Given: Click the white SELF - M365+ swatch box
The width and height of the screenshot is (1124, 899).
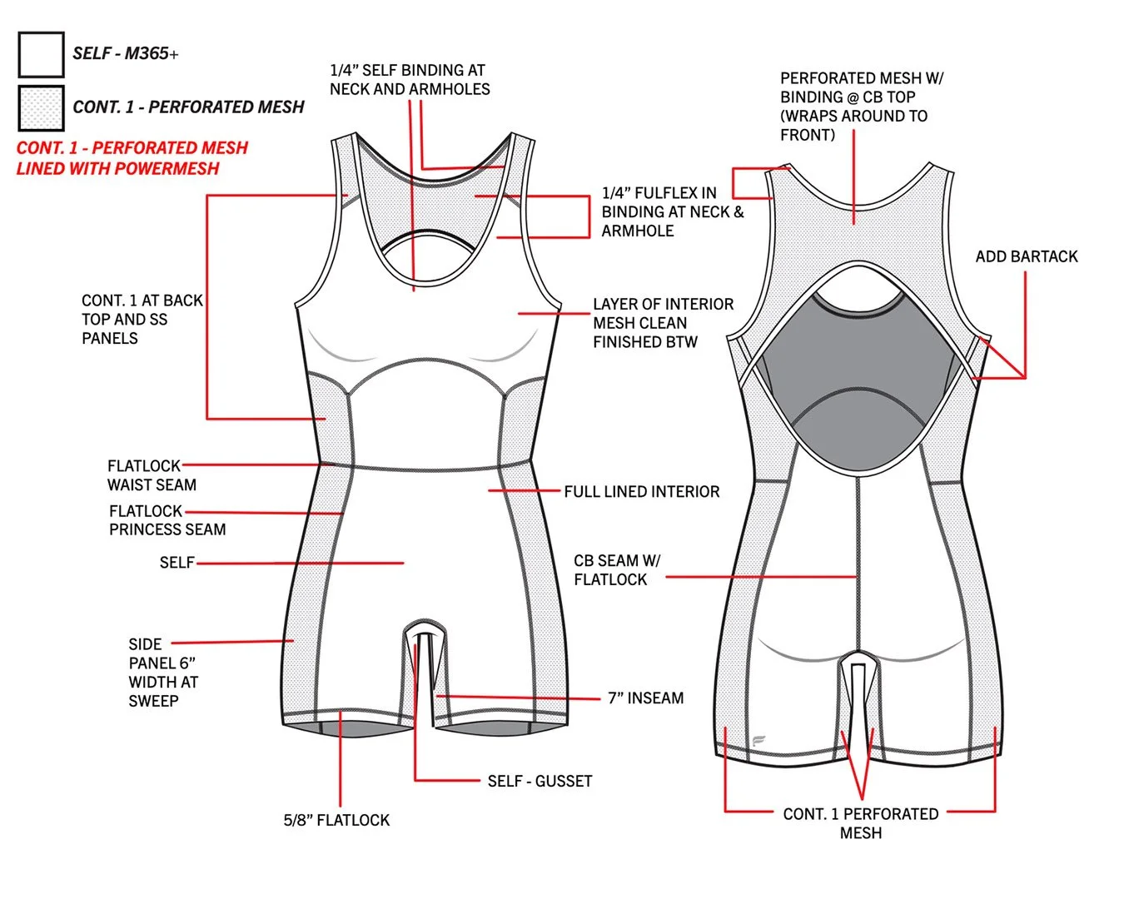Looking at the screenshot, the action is [41, 54].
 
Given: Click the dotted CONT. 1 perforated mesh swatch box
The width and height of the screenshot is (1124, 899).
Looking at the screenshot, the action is [41, 107].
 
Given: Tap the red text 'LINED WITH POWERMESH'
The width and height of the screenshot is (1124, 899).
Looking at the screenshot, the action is [117, 168].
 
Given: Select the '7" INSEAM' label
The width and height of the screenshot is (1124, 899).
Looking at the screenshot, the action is [645, 698].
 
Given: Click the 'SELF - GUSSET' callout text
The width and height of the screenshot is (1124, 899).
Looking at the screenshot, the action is [540, 781].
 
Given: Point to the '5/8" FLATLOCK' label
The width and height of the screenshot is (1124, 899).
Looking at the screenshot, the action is [336, 820].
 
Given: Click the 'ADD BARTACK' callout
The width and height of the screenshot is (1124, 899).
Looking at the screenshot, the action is [1026, 256].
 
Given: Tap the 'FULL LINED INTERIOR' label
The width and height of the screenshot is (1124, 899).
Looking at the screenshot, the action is [641, 492].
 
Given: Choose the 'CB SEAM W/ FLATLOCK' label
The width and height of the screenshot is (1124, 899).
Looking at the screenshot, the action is [616, 570].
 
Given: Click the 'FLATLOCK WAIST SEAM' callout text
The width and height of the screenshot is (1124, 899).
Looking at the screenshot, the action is [151, 475].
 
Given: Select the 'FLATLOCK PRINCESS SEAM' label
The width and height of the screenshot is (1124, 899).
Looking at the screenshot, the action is [167, 520].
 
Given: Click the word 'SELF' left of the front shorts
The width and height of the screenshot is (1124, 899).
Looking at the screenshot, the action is [177, 563].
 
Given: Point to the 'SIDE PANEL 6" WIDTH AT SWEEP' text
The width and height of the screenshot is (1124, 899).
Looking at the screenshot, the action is [162, 673].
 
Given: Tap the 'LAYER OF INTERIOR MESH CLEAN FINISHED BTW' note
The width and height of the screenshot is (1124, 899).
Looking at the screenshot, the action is [663, 323].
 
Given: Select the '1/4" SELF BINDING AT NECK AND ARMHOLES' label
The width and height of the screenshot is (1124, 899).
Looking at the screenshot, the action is [410, 80].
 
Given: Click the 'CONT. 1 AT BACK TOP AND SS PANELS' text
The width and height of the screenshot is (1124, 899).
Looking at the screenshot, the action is [142, 319].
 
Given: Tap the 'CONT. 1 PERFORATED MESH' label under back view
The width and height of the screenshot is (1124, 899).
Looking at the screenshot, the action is [860, 823].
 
